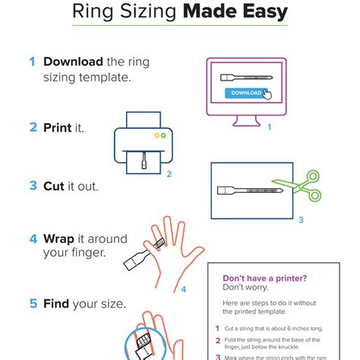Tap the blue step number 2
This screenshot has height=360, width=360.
(33, 128)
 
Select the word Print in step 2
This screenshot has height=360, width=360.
(57, 128)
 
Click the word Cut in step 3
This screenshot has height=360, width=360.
(55, 185)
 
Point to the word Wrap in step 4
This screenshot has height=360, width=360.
(59, 239)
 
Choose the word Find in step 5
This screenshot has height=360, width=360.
(57, 304)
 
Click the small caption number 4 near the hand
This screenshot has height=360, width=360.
(183, 289)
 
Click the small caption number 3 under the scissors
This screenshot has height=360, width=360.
(300, 220)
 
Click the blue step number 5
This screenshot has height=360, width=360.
(33, 304)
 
